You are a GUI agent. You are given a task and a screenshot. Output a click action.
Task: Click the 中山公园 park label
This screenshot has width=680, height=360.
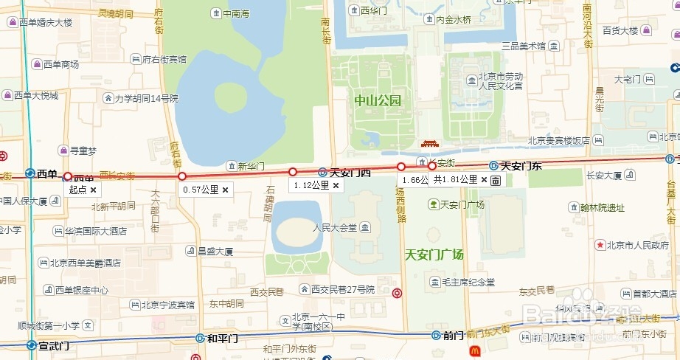click(377, 101)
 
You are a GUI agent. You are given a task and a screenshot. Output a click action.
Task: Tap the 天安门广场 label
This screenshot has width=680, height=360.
click(434, 255)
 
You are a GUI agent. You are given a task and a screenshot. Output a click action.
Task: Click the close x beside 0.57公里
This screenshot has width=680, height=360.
click(226, 190)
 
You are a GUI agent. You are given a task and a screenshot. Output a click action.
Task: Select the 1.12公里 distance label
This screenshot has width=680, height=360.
click(310, 186)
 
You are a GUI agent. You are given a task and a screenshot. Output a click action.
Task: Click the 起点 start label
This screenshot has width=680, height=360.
click(77, 190)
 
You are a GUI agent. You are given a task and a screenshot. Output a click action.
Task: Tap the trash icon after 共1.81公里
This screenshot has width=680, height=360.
click(496, 180)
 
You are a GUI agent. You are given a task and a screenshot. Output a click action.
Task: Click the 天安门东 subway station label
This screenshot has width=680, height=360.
click(521, 166)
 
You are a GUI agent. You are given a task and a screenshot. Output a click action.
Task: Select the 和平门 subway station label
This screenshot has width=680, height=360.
click(222, 339)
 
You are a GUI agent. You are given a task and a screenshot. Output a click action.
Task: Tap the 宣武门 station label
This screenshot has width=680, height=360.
click(53, 345)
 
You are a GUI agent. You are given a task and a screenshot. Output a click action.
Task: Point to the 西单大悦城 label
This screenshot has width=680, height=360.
click(35, 95)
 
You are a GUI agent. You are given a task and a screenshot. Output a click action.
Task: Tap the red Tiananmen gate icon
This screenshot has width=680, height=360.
click(429, 143)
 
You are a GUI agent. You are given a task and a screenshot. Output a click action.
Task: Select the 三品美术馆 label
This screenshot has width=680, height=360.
click(523, 46)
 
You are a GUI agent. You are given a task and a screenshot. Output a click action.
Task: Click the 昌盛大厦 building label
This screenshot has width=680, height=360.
click(215, 252)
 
